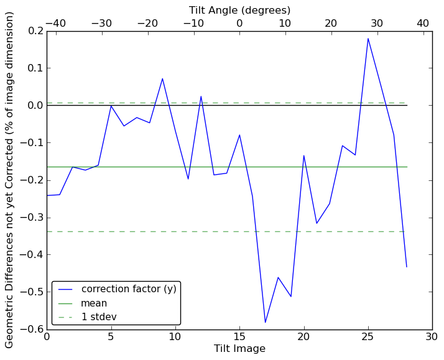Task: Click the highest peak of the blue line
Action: pyautogui.click(x=368, y=39)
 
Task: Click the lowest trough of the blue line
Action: pyautogui.click(x=265, y=322)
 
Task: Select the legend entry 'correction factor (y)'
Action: pyautogui.click(x=129, y=289)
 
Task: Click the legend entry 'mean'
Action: pyautogui.click(x=94, y=303)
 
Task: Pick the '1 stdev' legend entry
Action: pyautogui.click(x=99, y=317)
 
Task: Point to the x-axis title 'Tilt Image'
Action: pyautogui.click(x=239, y=349)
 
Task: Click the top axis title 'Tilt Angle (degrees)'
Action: pyautogui.click(x=239, y=10)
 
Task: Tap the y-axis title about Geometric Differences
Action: pyautogui.click(x=10, y=180)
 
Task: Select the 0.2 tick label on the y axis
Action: pyautogui.click(x=35, y=31)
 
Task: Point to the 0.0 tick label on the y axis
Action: pyautogui.click(x=35, y=106)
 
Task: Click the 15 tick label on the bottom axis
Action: pyautogui.click(x=239, y=337)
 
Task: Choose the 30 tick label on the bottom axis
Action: pyautogui.click(x=432, y=337)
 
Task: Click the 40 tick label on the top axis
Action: pyautogui.click(x=423, y=23)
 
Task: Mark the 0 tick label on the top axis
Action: pyautogui.click(x=239, y=23)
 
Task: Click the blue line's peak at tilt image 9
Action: pyautogui.click(x=162, y=78)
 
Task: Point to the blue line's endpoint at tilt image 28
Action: pyautogui.click(x=407, y=267)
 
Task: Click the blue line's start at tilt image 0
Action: pyautogui.click(x=47, y=195)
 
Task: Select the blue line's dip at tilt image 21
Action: pyautogui.click(x=317, y=223)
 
